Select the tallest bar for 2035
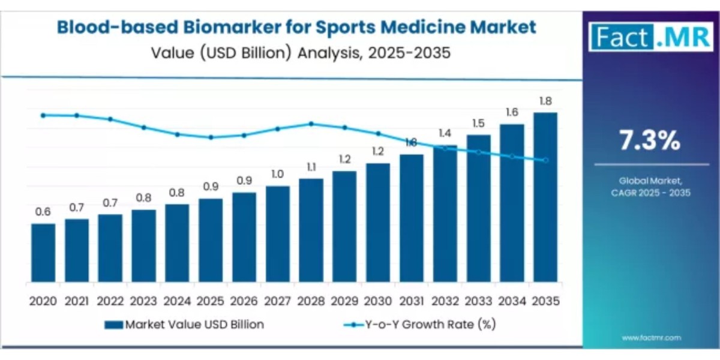point(545,197)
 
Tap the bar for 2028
point(311,230)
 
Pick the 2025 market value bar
point(211,241)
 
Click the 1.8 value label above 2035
point(545,101)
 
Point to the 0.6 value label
point(43,212)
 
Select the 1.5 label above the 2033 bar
point(478,124)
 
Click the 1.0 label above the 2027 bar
point(277,174)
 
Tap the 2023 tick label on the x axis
point(143,301)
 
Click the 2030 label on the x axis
point(377,301)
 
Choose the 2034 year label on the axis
point(511,301)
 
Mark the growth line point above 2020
point(43,115)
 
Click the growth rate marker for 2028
point(311,124)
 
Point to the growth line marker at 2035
point(545,160)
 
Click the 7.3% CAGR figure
point(650,141)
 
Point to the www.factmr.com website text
point(651,338)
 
